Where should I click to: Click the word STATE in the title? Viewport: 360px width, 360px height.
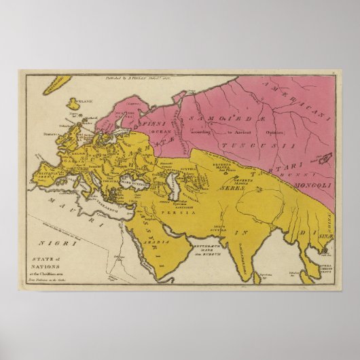(43, 257)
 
